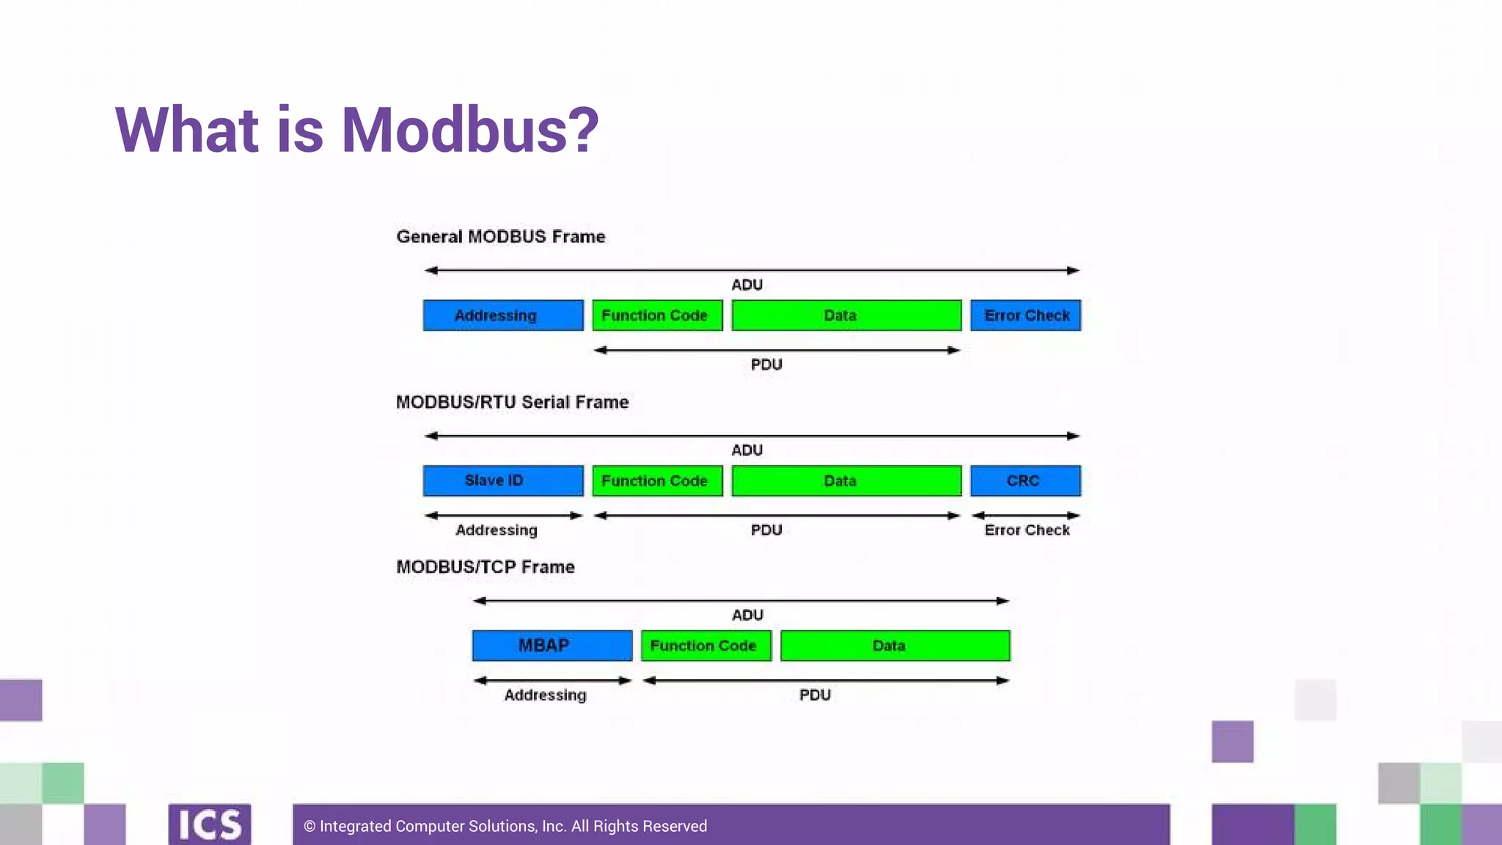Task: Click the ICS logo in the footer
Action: [x=210, y=824]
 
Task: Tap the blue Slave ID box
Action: [x=503, y=480]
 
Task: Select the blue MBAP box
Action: [x=552, y=645]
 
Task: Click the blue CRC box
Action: [x=1025, y=480]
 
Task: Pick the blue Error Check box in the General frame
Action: [x=1025, y=315]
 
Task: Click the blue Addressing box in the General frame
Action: [x=503, y=315]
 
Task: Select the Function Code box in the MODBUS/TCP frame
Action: [x=706, y=645]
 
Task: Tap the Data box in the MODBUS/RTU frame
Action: [x=846, y=480]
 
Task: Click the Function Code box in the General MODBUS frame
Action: [x=657, y=315]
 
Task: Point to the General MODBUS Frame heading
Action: [x=501, y=237]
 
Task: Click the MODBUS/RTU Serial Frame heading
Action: [x=512, y=402]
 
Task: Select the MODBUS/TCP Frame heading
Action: [x=486, y=567]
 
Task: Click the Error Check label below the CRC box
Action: [x=1027, y=530]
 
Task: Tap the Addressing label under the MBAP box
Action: [x=545, y=695]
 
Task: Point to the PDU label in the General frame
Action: [x=766, y=365]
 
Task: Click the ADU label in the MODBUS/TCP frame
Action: [x=747, y=615]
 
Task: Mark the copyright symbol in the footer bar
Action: [x=309, y=827]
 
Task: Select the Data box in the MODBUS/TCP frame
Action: [x=895, y=645]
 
